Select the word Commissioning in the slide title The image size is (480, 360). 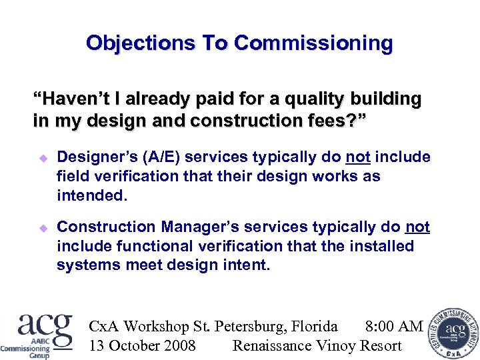click(x=313, y=43)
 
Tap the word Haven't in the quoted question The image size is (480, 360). click(x=73, y=100)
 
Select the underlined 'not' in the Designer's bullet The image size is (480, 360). click(x=357, y=157)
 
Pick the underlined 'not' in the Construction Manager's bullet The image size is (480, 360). click(x=417, y=227)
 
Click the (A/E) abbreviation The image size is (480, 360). click(x=163, y=157)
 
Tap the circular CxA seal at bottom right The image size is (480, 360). click(x=454, y=333)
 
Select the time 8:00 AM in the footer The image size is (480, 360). click(x=394, y=327)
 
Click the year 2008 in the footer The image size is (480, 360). click(x=179, y=345)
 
